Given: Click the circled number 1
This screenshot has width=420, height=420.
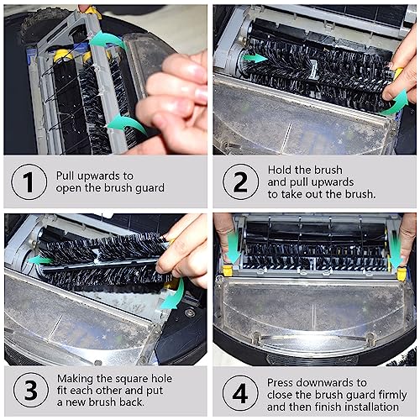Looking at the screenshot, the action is pyautogui.click(x=29, y=181).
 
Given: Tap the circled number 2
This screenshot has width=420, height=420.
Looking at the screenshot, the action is pyautogui.click(x=240, y=181).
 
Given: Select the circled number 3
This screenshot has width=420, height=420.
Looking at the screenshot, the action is pyautogui.click(x=31, y=390).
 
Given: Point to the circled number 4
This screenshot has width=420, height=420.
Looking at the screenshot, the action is pyautogui.click(x=240, y=393).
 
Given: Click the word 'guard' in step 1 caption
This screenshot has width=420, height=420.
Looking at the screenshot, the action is pyautogui.click(x=150, y=188).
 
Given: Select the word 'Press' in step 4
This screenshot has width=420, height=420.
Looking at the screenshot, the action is pyautogui.click(x=281, y=382).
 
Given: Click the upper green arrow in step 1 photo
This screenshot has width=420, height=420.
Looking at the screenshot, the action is pyautogui.click(x=108, y=40).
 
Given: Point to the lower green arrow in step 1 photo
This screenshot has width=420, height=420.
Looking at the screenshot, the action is pyautogui.click(x=127, y=124).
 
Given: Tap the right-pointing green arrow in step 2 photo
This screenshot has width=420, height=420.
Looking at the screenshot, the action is pyautogui.click(x=255, y=58).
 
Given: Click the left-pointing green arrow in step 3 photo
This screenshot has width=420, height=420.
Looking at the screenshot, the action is pyautogui.click(x=40, y=260).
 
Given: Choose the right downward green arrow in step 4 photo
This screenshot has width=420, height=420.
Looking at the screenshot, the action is pyautogui.click(x=396, y=250).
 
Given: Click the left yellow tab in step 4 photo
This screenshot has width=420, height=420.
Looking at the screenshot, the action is pyautogui.click(x=228, y=270).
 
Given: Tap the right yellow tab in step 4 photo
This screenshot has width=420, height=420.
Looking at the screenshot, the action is pyautogui.click(x=402, y=274).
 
